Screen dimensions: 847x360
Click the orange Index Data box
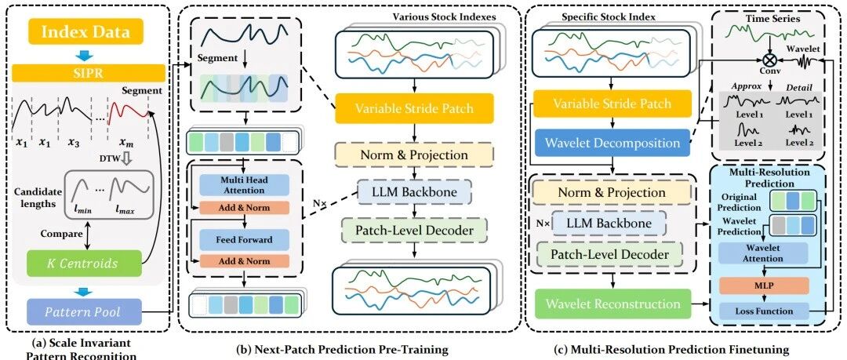[86, 31]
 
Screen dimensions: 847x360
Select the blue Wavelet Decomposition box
[612, 144]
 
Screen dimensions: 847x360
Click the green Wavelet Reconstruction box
[612, 304]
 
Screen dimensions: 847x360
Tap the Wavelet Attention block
[763, 253]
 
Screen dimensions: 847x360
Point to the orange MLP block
[763, 285]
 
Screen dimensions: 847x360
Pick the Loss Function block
[763, 311]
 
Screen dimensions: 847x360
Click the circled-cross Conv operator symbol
[765, 58]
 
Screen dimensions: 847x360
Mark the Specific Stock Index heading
[609, 16]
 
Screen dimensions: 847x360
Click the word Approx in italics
[742, 86]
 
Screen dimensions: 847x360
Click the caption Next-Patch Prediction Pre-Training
[343, 349]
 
